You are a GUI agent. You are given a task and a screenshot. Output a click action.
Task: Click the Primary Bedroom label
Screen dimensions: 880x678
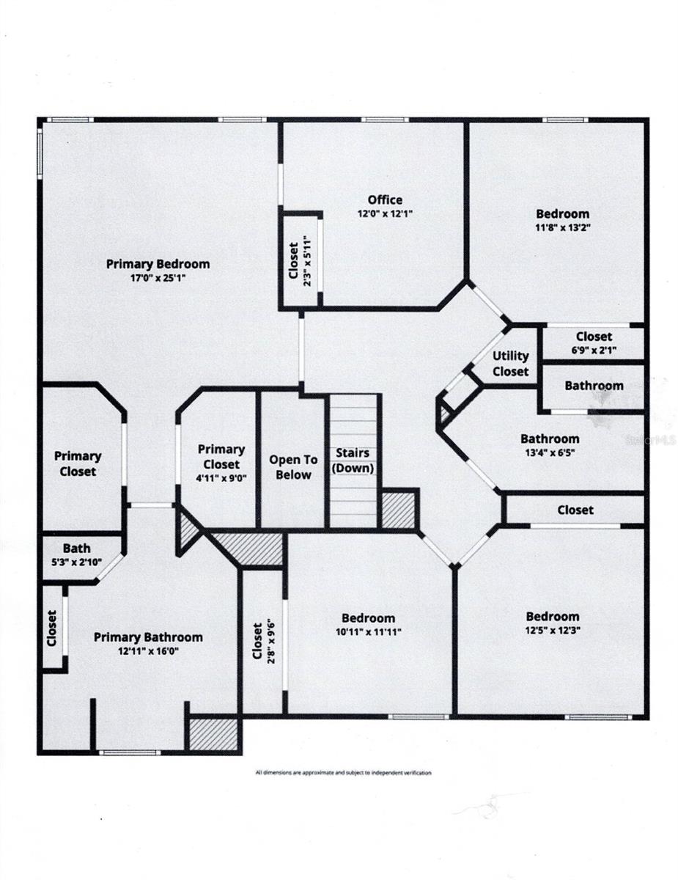pos(158,264)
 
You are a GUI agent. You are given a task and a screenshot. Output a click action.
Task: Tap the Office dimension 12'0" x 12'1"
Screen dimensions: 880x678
pos(385,214)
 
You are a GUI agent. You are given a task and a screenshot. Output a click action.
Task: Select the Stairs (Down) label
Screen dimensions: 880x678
pos(353,461)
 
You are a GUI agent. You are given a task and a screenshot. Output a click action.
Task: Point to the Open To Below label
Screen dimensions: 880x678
pos(293,467)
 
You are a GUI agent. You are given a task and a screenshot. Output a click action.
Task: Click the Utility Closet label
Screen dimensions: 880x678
pos(510,363)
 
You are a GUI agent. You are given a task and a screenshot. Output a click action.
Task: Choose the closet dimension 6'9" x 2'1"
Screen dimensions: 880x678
pos(594,351)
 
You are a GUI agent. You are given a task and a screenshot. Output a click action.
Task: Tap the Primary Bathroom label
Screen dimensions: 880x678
pos(148,637)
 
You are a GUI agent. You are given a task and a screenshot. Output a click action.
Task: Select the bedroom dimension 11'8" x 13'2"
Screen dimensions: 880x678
pos(563,227)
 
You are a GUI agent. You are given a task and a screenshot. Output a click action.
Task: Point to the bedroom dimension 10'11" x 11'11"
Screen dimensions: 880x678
pos(368,631)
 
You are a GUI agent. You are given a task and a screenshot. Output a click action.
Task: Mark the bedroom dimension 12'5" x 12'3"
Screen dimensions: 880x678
pos(552,630)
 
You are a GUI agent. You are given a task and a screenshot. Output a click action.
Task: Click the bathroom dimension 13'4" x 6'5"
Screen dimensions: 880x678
pos(550,452)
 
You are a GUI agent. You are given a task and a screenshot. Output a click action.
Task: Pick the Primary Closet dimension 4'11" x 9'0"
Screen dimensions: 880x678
pos(221,478)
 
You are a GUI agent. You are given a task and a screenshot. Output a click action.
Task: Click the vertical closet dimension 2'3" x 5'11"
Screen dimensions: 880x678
pos(307,261)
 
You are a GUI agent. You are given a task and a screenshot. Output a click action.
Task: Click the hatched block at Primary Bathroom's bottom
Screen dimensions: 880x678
pos(214,733)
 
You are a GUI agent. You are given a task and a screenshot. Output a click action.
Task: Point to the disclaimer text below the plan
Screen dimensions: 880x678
pos(343,772)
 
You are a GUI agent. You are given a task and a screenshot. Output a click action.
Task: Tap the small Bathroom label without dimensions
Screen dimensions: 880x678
pos(594,385)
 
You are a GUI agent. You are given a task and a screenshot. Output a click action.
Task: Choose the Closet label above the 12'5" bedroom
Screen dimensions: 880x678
pos(575,509)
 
